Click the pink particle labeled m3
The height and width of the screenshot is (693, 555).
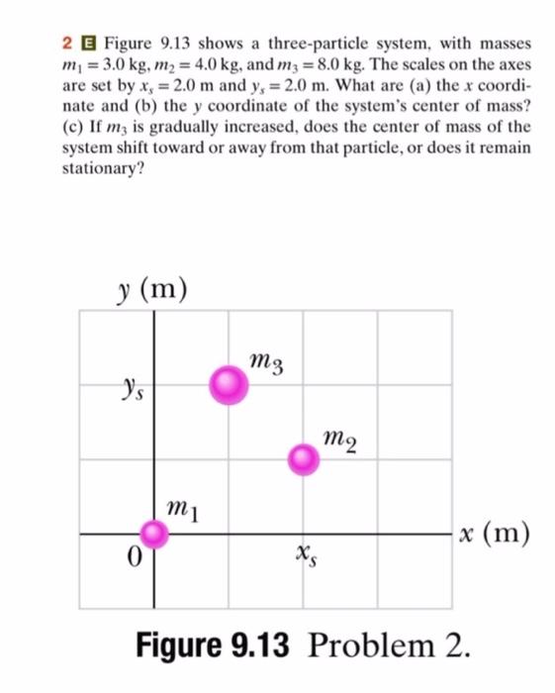coord(229,384)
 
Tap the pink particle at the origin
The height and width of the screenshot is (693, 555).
coord(153,535)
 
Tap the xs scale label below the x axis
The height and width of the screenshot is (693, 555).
coord(303,560)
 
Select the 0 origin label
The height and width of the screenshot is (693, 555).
coord(131,557)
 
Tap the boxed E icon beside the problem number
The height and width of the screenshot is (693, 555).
coord(87,46)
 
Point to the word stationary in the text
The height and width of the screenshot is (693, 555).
coord(101,167)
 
